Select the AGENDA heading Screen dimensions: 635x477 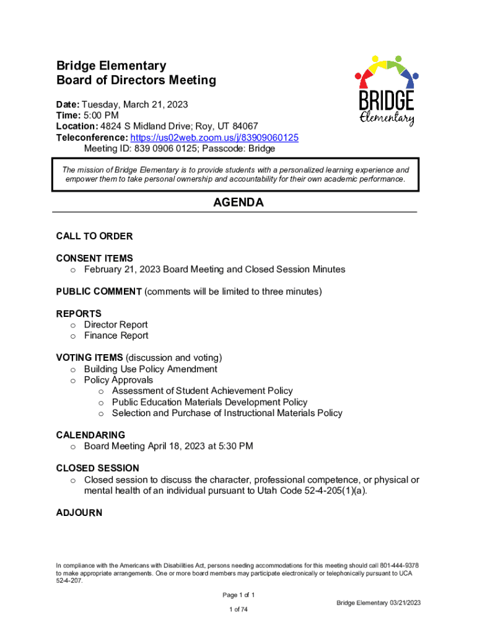[239, 203]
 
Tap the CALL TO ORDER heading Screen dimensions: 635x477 [94, 236]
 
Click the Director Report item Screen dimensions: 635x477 [116, 325]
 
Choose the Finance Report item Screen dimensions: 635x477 [116, 336]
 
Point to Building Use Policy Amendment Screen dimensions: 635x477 [151, 370]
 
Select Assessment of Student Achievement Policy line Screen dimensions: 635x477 [202, 391]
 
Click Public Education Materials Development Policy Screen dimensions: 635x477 [209, 402]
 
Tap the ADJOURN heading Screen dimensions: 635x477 [79, 513]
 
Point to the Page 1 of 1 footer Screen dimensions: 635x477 [239, 595]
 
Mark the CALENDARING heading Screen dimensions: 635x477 [90, 435]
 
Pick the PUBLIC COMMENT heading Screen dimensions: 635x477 [99, 291]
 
